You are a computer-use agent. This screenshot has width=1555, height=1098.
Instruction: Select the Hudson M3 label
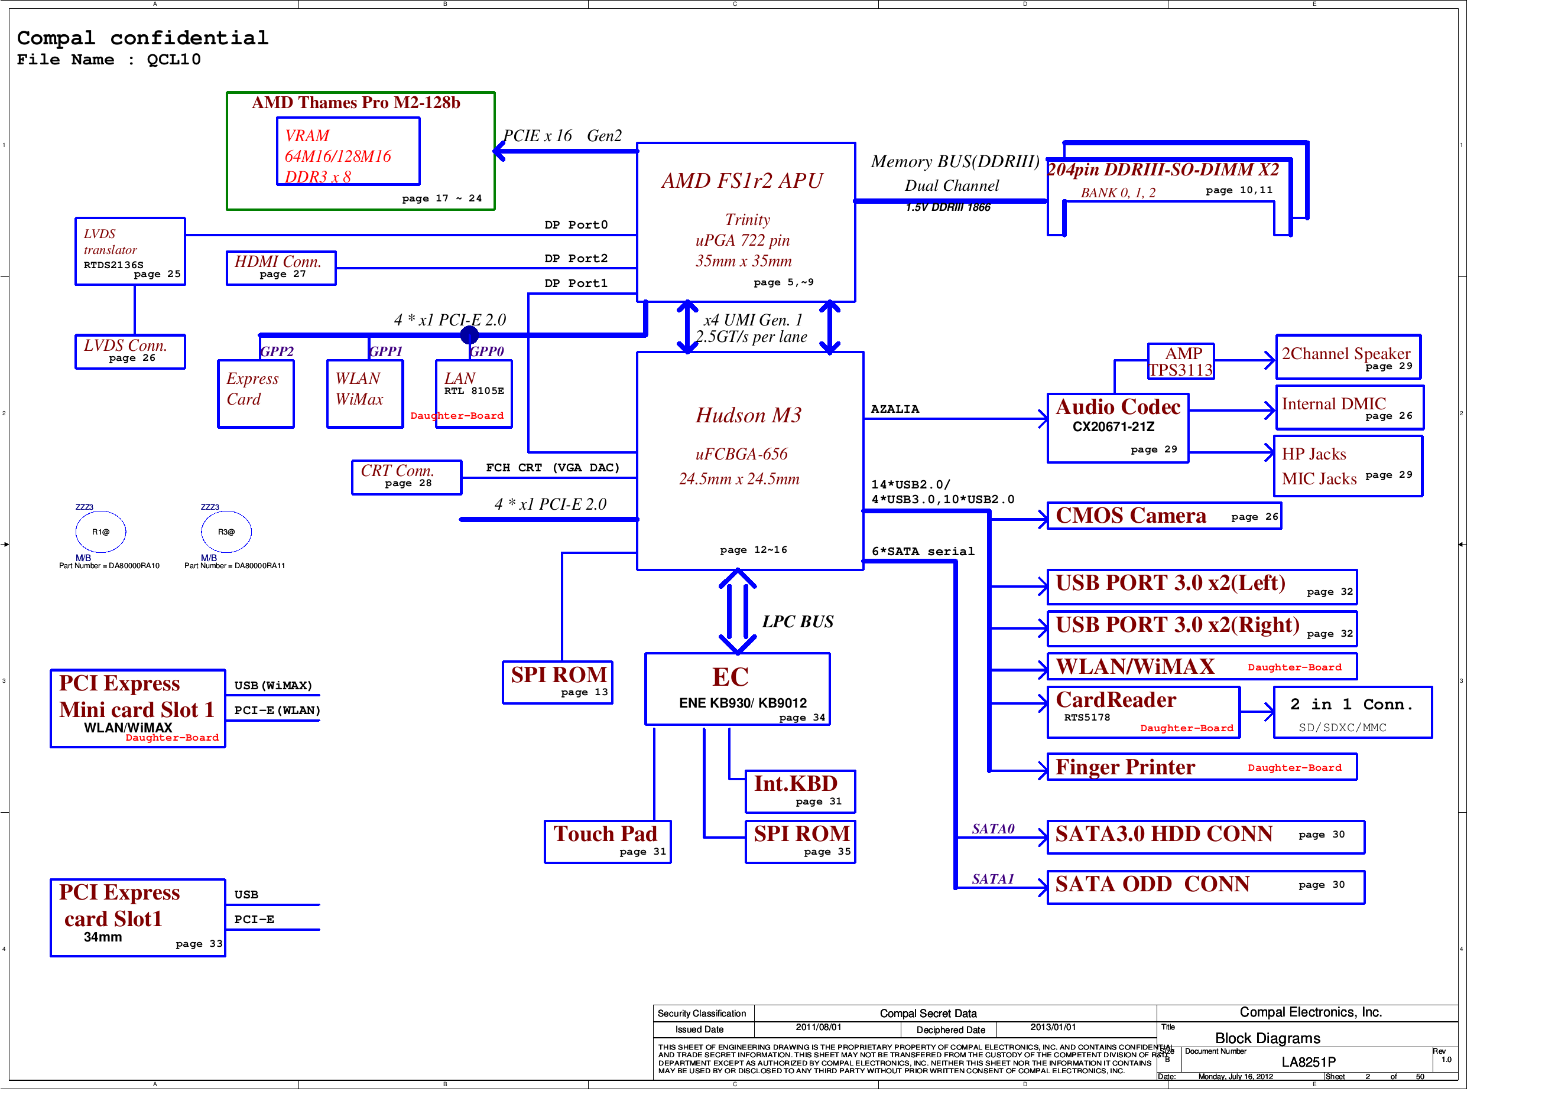pyautogui.click(x=748, y=415)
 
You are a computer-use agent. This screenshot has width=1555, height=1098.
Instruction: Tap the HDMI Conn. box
pyautogui.click(x=281, y=268)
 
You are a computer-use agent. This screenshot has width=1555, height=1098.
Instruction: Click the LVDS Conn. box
pyautogui.click(x=130, y=351)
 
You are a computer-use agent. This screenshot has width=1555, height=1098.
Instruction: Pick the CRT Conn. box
pyautogui.click(x=407, y=477)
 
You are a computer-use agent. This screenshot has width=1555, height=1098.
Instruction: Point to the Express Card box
pyautogui.click(x=255, y=393)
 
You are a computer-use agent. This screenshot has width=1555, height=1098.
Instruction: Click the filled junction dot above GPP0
pyautogui.click(x=469, y=335)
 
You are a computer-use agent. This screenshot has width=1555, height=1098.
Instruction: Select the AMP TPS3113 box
pyautogui.click(x=1180, y=361)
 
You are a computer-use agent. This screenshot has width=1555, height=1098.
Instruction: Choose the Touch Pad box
pyautogui.click(x=607, y=842)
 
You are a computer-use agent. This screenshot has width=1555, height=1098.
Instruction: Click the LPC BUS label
pyautogui.click(x=797, y=621)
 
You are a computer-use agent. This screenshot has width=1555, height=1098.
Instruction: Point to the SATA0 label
pyautogui.click(x=992, y=829)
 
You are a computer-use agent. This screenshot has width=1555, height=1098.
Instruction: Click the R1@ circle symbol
pyautogui.click(x=101, y=532)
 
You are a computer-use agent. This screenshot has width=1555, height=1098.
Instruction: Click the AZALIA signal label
pyautogui.click(x=894, y=409)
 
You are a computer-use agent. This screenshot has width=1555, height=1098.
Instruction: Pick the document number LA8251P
pyautogui.click(x=1307, y=1061)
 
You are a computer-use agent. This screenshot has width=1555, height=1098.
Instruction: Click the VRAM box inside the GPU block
pyautogui.click(x=348, y=152)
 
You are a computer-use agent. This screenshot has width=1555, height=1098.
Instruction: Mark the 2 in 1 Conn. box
pyautogui.click(x=1352, y=712)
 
